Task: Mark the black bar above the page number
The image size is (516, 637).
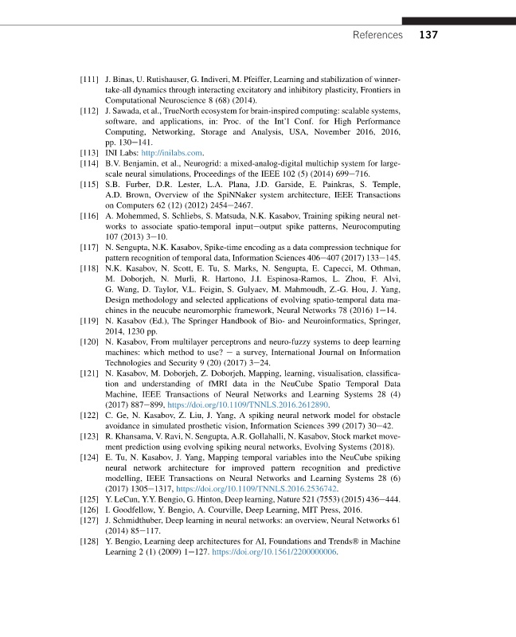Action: pyautogui.click(x=459, y=19)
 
